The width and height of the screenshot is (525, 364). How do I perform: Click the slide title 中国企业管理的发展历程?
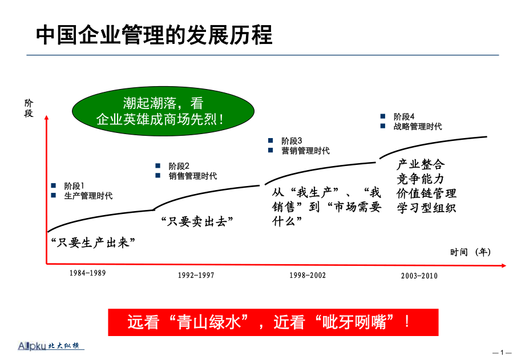(154, 35)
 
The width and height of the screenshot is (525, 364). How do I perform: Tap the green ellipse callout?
(163, 111)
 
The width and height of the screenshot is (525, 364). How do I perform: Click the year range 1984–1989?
(87, 273)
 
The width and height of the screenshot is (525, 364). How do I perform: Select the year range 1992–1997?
(196, 275)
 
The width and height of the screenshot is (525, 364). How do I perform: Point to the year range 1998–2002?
(308, 275)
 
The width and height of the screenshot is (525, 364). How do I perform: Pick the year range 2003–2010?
(419, 276)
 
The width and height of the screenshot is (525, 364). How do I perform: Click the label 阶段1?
(74, 186)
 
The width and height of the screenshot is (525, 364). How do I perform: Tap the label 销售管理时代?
(192, 176)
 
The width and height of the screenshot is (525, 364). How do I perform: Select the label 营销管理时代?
(305, 151)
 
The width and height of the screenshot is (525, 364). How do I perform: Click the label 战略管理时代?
(418, 126)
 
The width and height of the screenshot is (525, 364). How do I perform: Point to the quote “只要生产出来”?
(93, 242)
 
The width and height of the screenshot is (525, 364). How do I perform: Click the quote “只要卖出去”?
(197, 221)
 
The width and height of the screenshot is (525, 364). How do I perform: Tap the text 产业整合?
(421, 164)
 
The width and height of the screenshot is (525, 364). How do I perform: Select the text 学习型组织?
(427, 208)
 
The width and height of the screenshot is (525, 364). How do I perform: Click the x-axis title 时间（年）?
(470, 252)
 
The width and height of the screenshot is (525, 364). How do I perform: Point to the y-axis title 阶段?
(29, 108)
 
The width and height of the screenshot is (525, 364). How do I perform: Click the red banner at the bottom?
(273, 322)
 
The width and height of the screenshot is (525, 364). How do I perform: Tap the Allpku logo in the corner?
(51, 346)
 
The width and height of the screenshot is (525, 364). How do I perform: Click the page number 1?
(502, 353)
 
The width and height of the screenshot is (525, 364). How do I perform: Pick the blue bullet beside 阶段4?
(383, 116)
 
